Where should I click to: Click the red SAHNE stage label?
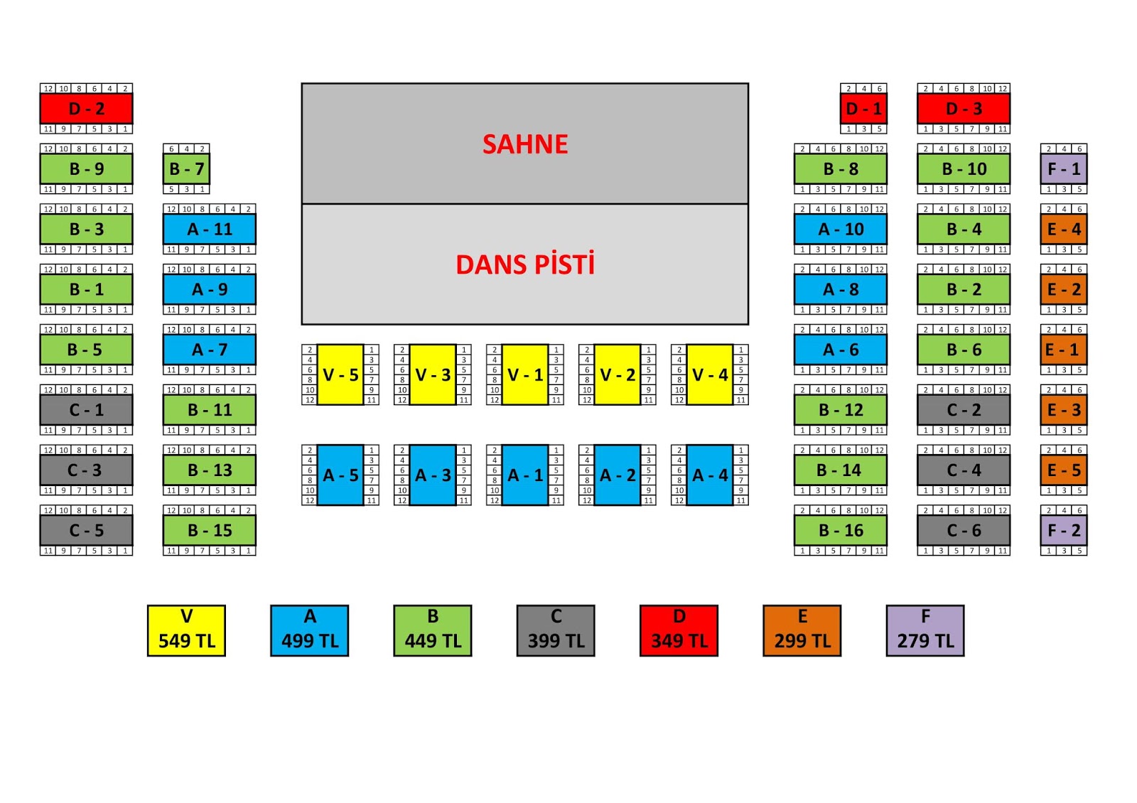click(x=525, y=144)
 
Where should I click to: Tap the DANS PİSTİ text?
click(x=525, y=264)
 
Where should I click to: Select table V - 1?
click(x=525, y=374)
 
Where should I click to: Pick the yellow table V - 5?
click(x=340, y=374)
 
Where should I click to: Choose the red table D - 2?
click(x=86, y=109)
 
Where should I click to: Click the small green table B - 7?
click(x=186, y=169)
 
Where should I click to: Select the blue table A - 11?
click(x=209, y=229)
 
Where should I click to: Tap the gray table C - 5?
click(x=86, y=530)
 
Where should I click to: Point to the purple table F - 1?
click(x=1063, y=169)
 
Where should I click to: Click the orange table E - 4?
click(x=1063, y=229)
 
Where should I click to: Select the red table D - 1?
click(x=863, y=109)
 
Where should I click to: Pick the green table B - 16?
click(x=840, y=530)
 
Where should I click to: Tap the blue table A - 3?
click(x=433, y=475)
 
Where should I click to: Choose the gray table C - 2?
click(x=963, y=410)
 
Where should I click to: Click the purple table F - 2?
click(x=1063, y=530)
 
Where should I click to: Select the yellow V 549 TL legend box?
click(x=186, y=630)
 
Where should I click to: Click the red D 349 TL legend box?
click(x=679, y=630)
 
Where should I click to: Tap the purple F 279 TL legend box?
click(x=925, y=630)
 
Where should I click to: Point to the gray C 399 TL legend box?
click(x=556, y=630)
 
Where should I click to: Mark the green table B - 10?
click(x=963, y=169)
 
